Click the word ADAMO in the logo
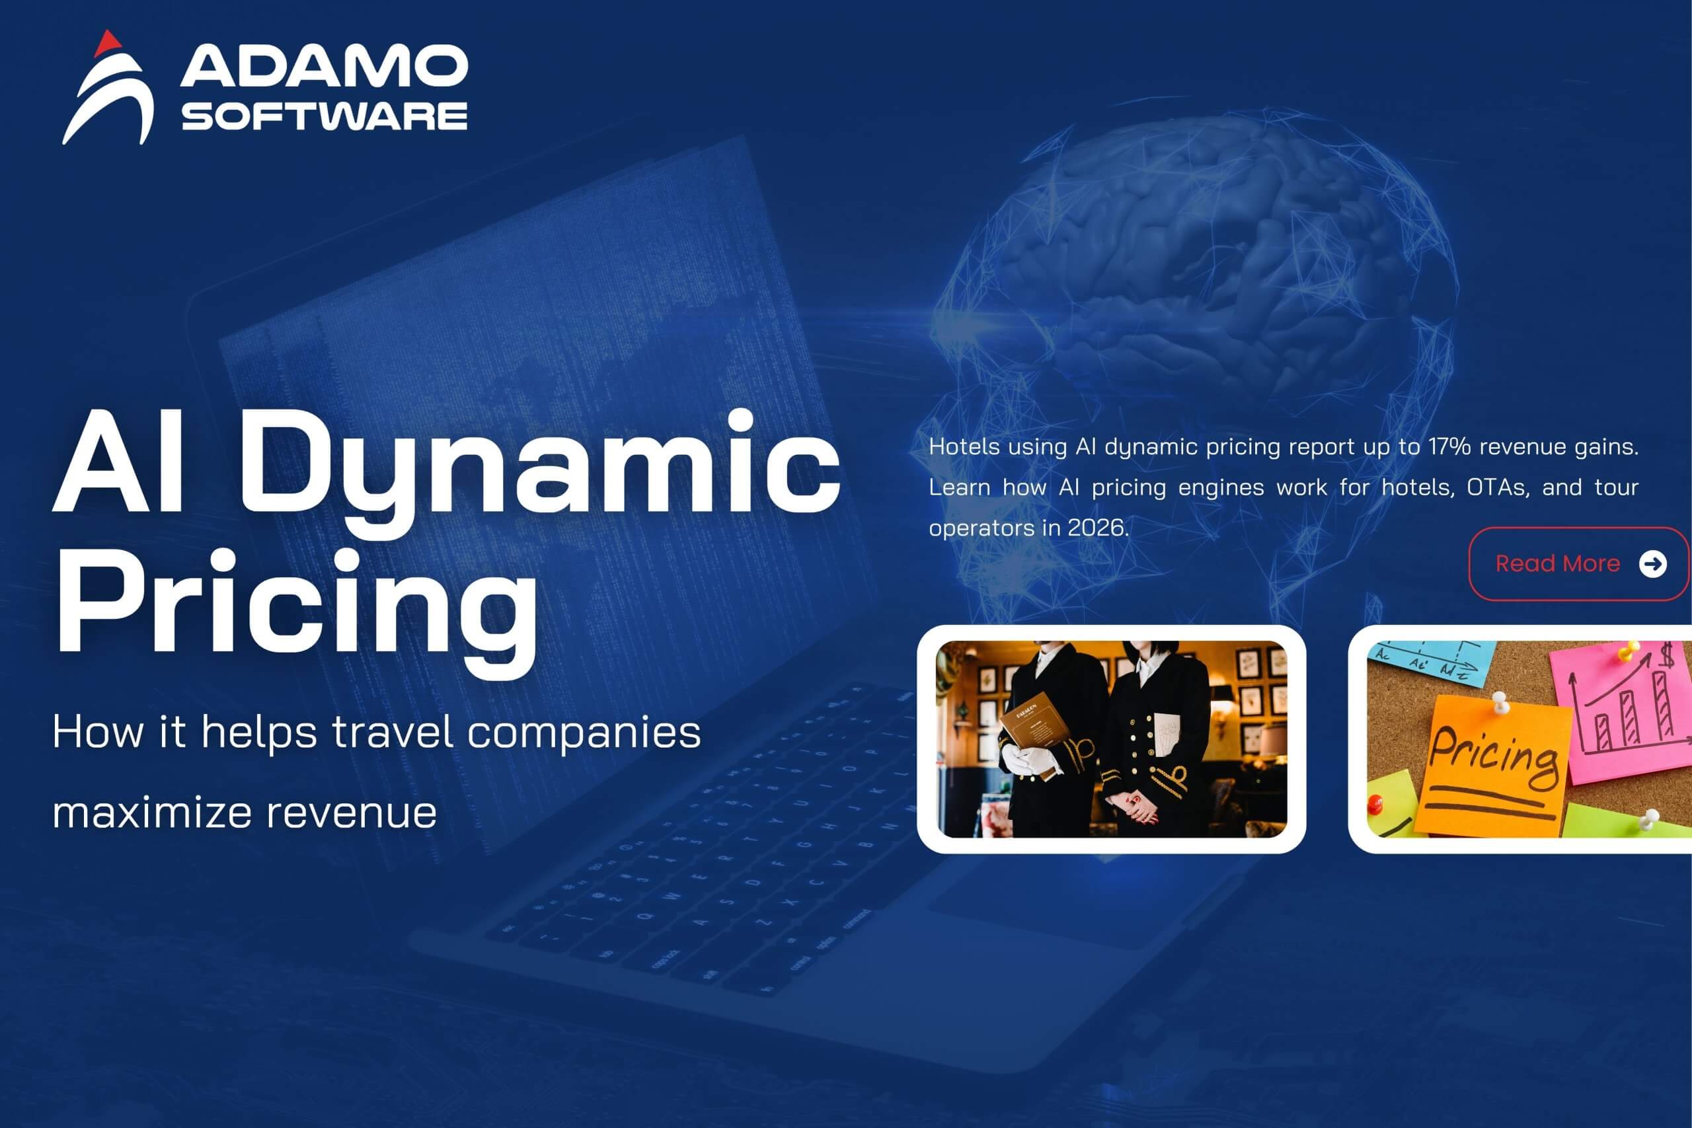tap(324, 66)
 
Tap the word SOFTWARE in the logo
tap(325, 116)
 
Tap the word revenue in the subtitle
tap(352, 813)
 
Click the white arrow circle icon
tap(1652, 564)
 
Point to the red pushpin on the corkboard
tap(1375, 803)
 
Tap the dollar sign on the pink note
tap(1666, 656)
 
